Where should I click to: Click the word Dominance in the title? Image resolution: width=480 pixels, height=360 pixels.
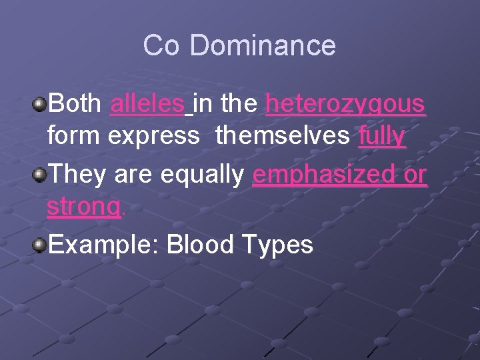click(263, 46)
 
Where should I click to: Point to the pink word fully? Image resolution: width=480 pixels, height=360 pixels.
click(381, 137)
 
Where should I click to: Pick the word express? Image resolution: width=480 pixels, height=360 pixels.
click(153, 137)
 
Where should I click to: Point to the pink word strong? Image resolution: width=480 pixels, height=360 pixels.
click(83, 208)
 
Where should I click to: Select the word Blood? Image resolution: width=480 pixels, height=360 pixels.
click(200, 245)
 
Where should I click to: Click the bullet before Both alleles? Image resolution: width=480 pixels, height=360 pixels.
click(41, 103)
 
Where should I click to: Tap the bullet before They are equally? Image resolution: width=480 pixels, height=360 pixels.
click(41, 175)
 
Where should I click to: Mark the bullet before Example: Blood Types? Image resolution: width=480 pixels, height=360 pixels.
click(41, 245)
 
